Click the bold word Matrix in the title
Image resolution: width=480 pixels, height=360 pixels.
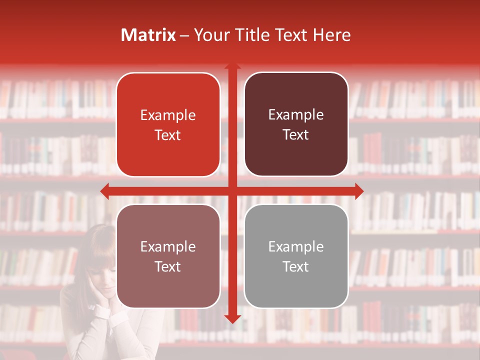[148, 35]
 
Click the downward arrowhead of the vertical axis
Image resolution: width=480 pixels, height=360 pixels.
[232, 318]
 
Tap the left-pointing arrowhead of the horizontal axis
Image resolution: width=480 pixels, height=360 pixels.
[104, 191]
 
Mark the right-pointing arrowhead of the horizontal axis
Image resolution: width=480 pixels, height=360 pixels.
[359, 191]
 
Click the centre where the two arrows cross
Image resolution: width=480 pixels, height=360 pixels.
[232, 191]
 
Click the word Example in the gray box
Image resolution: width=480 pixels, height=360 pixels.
[296, 246]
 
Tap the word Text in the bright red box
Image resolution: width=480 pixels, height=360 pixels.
[168, 135]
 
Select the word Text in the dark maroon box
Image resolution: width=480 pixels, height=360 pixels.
[296, 134]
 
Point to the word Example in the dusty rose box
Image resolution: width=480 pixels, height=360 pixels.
[168, 246]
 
